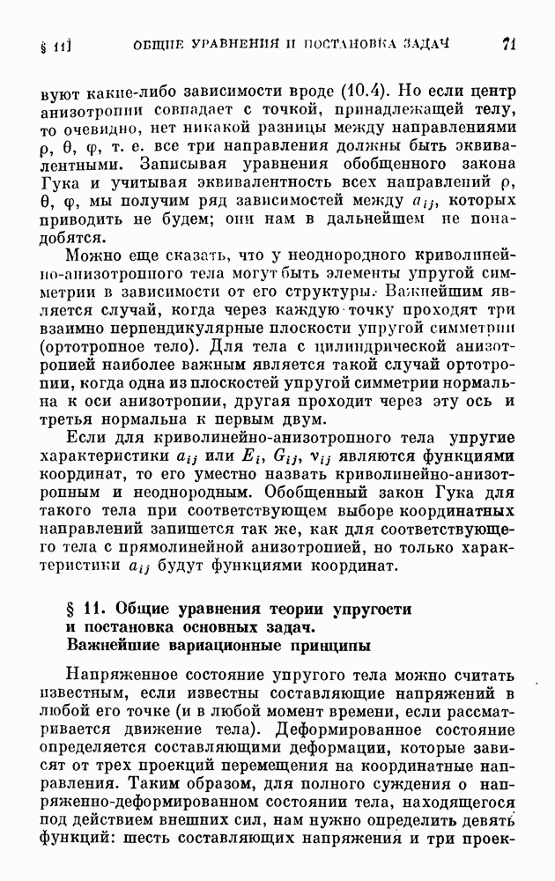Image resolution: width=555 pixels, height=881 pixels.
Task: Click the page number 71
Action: coord(508,43)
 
